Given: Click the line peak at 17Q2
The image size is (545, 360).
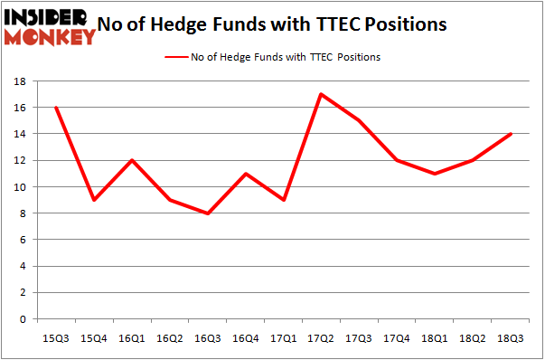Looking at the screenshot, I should [x=321, y=94].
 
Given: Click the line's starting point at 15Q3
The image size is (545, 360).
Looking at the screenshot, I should [x=56, y=108].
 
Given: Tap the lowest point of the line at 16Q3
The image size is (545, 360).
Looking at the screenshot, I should [x=208, y=213].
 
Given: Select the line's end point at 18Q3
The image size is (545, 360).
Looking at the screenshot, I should [x=511, y=134].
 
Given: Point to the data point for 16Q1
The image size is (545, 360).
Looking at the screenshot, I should [x=132, y=160].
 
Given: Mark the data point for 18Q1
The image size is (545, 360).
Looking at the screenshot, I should [x=435, y=174].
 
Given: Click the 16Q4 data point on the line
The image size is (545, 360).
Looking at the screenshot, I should [x=246, y=174].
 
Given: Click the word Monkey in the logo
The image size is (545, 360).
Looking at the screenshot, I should [x=51, y=37].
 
